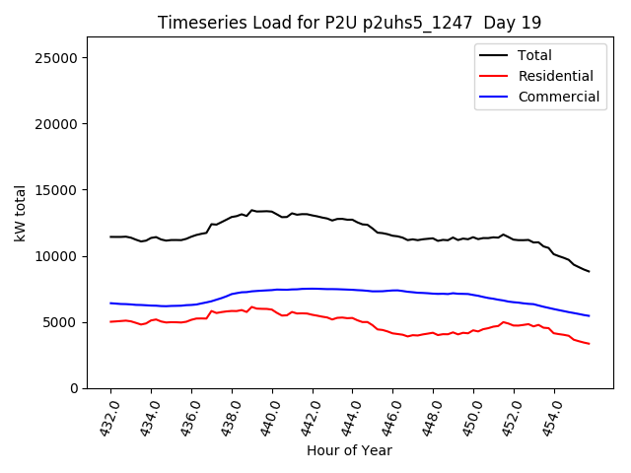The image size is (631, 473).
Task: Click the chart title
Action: (349, 23)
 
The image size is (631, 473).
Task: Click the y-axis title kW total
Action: (21, 213)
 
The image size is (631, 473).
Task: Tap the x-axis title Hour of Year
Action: (349, 450)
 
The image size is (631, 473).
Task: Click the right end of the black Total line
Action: (589, 271)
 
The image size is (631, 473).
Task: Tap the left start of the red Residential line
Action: (110, 321)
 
